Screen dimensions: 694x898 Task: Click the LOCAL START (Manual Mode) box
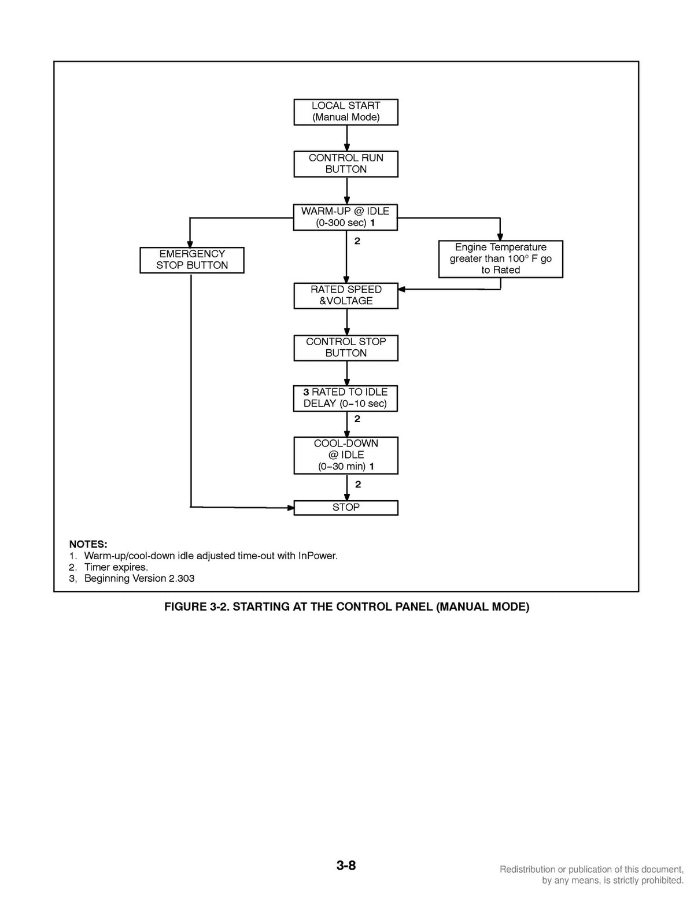point(345,112)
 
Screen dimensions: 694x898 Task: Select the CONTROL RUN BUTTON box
point(345,164)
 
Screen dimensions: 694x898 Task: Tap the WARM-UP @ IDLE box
point(345,217)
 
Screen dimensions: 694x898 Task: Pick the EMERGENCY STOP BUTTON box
point(192,260)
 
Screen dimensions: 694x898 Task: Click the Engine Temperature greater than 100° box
point(500,259)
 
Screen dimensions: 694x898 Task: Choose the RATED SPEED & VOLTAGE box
point(345,296)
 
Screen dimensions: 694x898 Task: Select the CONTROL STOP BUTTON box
point(345,348)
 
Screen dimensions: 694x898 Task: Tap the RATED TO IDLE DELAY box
point(345,398)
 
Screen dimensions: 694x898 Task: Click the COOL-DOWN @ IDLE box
point(345,456)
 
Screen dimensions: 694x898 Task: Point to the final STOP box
point(345,508)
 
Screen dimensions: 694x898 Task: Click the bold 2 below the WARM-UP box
point(357,241)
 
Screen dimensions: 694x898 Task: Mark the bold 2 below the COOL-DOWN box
point(358,485)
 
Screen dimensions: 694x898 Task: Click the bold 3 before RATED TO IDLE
point(306,392)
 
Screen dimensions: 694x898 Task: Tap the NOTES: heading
point(88,544)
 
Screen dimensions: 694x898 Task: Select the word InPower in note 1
point(318,556)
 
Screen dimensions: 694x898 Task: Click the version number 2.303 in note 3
point(182,579)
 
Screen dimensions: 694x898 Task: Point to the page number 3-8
point(346,866)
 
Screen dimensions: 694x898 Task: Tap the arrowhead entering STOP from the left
point(290,508)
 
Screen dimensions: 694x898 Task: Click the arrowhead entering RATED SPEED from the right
point(401,289)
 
